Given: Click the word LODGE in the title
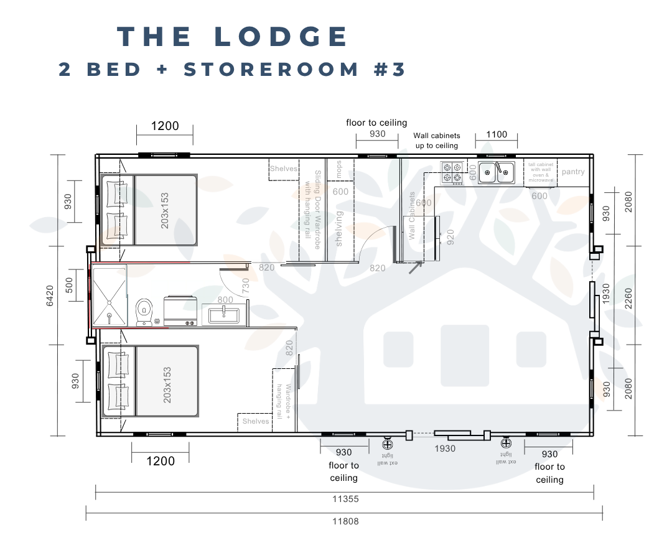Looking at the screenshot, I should pyautogui.click(x=282, y=36).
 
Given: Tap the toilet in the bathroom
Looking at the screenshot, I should pyautogui.click(x=144, y=310).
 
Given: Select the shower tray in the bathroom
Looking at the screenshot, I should pyautogui.click(x=110, y=295).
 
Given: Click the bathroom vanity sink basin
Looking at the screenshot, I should pyautogui.click(x=223, y=314).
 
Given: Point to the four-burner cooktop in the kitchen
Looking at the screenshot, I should pyautogui.click(x=452, y=172).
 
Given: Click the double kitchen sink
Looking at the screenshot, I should pyautogui.click(x=497, y=172).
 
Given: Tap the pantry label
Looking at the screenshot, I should pyautogui.click(x=573, y=172).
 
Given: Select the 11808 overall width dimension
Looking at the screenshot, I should pyautogui.click(x=346, y=521).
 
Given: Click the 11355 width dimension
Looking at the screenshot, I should pyautogui.click(x=346, y=499).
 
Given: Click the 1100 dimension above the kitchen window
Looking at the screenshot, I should pyautogui.click(x=496, y=134).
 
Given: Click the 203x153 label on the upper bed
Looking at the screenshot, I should pyautogui.click(x=165, y=210).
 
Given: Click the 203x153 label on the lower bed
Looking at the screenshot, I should pyautogui.click(x=167, y=384).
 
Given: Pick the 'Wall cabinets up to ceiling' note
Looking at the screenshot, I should pyautogui.click(x=436, y=141).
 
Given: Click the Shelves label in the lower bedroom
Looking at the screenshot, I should pyautogui.click(x=256, y=421).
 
